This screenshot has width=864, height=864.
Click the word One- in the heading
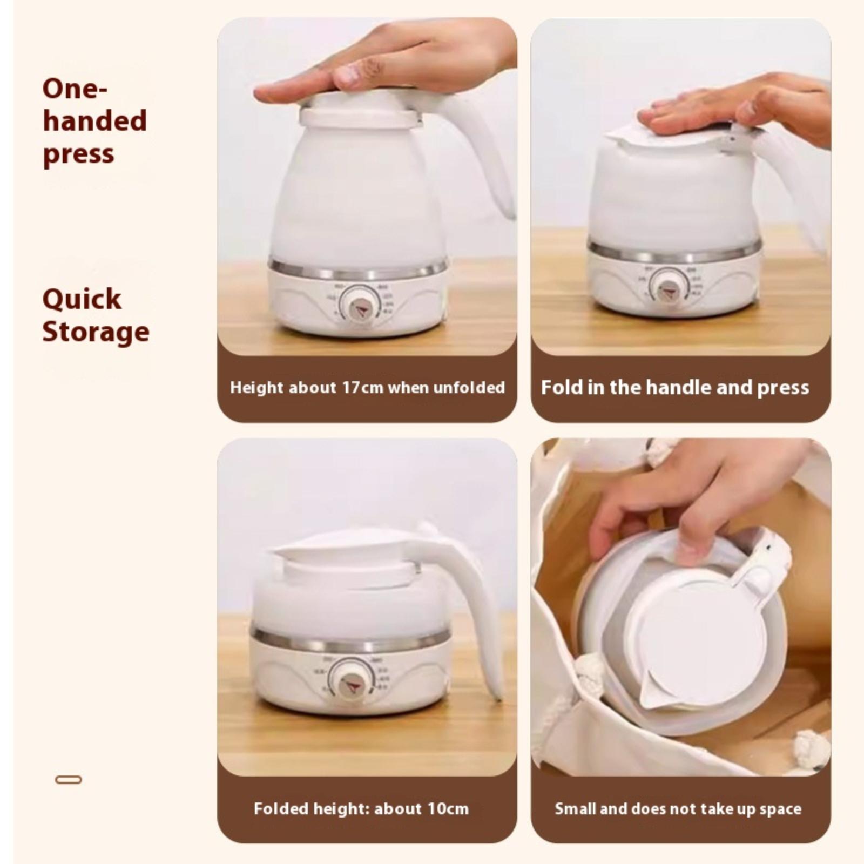click(75, 89)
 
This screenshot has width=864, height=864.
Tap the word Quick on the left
click(82, 300)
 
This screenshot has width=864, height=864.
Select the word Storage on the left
click(96, 332)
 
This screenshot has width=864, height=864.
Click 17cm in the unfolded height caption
click(362, 388)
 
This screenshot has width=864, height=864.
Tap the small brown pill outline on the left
click(69, 780)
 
